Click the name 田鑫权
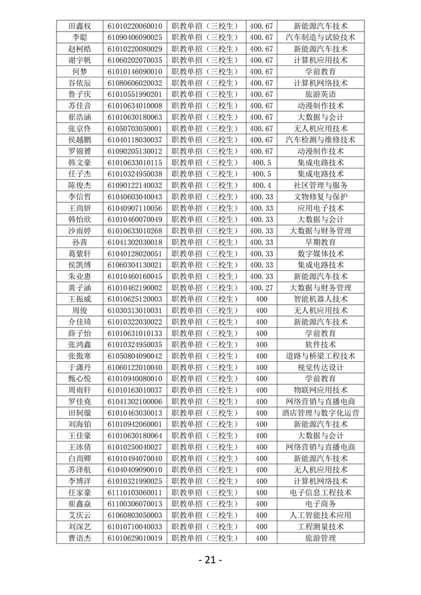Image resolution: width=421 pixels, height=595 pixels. (80, 26)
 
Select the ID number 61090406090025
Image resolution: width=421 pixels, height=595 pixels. (135, 37)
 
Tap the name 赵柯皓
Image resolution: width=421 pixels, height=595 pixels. (80, 49)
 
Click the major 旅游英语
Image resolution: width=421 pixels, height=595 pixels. (320, 94)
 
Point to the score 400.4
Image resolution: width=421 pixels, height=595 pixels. (261, 185)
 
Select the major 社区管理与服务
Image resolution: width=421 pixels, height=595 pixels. (320, 185)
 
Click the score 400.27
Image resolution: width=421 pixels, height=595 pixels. (261, 288)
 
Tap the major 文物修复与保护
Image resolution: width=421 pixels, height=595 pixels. (320, 197)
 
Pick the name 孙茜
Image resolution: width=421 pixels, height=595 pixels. (80, 242)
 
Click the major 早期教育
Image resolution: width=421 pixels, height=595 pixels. (320, 242)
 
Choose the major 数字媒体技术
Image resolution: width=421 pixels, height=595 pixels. (320, 253)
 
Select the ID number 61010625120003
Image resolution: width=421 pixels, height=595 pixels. (135, 299)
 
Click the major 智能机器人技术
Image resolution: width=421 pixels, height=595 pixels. (320, 299)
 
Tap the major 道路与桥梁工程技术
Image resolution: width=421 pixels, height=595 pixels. (320, 356)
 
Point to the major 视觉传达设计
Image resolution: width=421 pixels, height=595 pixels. (320, 367)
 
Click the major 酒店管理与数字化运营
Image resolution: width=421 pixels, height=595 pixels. (320, 413)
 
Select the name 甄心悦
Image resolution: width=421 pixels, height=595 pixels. (80, 379)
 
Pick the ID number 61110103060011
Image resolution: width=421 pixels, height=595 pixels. (135, 493)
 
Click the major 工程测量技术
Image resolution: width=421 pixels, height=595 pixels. (320, 527)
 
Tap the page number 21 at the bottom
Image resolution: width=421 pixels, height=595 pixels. (210, 560)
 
